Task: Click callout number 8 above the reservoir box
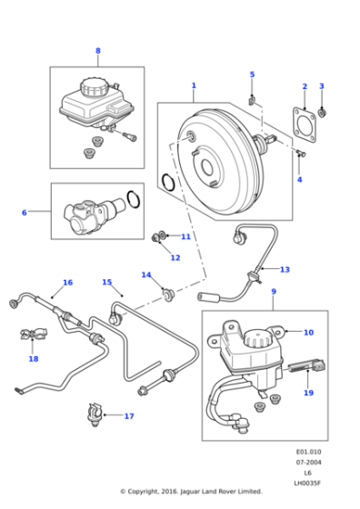[98, 51]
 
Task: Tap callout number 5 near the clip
[252, 75]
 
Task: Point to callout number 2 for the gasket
[305, 87]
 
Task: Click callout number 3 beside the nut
[321, 86]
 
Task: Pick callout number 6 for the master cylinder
[25, 213]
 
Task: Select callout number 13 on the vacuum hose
[285, 269]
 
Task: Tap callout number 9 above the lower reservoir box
[273, 292]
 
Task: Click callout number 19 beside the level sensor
[308, 393]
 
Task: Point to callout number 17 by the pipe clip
[129, 416]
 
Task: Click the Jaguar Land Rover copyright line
[191, 491]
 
